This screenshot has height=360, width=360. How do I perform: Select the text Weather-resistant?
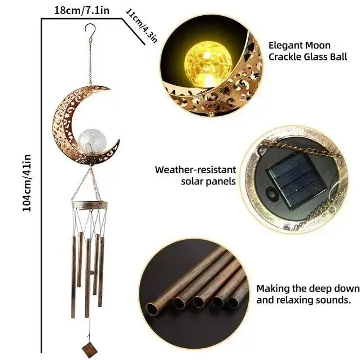pyautogui.click(x=195, y=169)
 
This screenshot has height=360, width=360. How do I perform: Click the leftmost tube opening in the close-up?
pyautogui.click(x=152, y=308)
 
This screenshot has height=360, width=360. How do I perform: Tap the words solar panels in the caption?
pyautogui.click(x=208, y=181)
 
